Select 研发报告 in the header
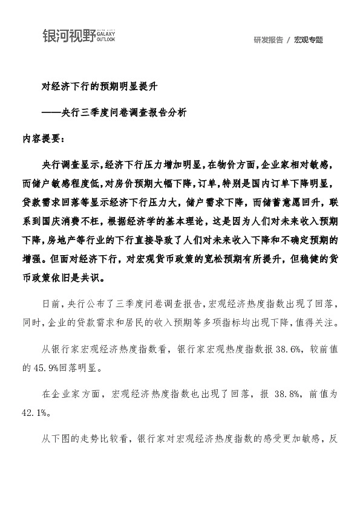pyautogui.click(x=268, y=40)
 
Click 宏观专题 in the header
pyautogui.click(x=309, y=40)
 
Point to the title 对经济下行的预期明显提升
pyautogui.click(x=99, y=87)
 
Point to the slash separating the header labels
pyautogui.click(x=289, y=40)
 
